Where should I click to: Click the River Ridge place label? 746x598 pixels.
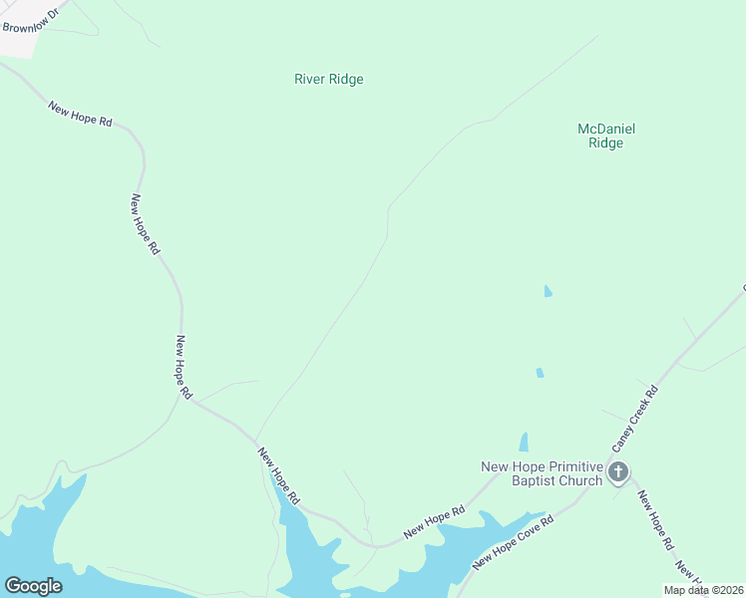click(328, 80)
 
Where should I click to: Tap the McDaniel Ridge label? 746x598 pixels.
click(606, 136)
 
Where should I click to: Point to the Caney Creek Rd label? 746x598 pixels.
click(633, 415)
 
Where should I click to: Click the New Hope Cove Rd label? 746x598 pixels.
click(513, 542)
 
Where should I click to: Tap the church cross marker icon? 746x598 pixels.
click(618, 471)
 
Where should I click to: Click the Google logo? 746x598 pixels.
click(33, 586)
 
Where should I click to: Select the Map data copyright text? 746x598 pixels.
click(703, 590)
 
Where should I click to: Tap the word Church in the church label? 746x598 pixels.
click(582, 480)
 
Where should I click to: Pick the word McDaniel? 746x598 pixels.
click(606, 129)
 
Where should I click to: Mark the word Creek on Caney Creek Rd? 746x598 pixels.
click(636, 412)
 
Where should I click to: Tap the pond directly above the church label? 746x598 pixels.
click(523, 442)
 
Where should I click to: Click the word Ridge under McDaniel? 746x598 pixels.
click(605, 144)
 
